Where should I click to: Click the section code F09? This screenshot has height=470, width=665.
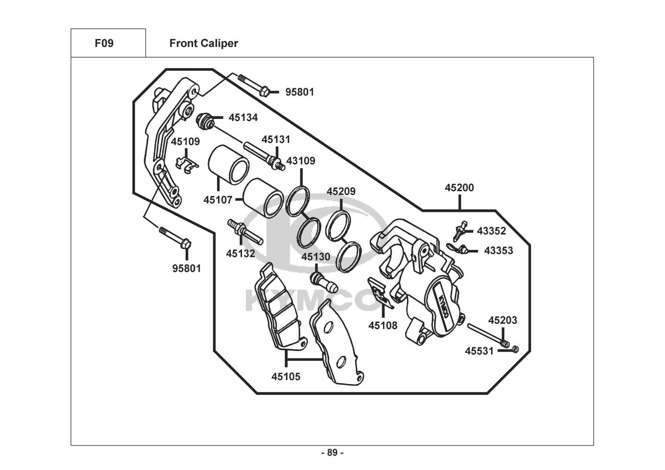coord(104,43)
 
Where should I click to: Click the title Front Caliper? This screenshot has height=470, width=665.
coord(203,43)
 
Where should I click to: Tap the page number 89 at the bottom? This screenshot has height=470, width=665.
coord(332,453)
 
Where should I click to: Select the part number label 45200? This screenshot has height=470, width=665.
coord(459,188)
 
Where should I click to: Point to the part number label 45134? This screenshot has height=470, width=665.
coord(243,117)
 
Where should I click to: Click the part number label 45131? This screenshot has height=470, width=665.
coord(276,140)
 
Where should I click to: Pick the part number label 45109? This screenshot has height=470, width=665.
coord(185,141)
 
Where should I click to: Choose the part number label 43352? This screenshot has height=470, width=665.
coord(491,231)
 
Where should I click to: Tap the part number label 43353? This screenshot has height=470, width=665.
coord(498,251)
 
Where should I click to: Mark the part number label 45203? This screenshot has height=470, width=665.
coord(502,321)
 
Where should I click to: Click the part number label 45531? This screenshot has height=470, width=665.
coord(479,351)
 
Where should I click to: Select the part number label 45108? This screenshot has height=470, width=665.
coord(383,325)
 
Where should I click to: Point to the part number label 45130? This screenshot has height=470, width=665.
coord(315,257)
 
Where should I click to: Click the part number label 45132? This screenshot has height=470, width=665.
coord(240,254)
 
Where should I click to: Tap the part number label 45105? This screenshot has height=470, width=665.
coord(286,376)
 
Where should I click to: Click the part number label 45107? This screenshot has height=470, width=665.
coord(218,200)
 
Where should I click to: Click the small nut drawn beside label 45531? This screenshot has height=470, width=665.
coord(515,349)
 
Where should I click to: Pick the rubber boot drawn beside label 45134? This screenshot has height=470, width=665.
coord(204,121)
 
